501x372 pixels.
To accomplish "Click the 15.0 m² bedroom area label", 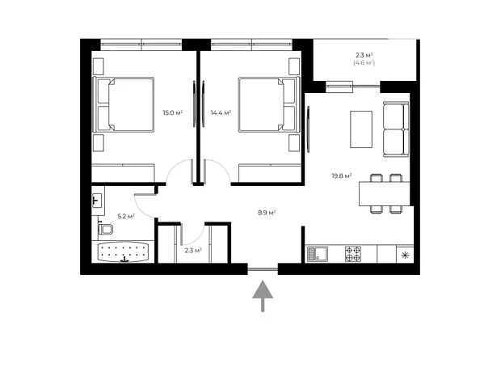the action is pyautogui.click(x=173, y=112).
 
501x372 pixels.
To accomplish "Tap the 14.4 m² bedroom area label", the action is pyautogui.click(x=221, y=112).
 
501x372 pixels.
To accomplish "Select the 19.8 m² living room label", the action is pyautogui.click(x=342, y=175).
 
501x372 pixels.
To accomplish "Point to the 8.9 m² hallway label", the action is pyautogui.click(x=267, y=213).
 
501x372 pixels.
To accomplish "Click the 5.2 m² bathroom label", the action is pyautogui.click(x=126, y=216).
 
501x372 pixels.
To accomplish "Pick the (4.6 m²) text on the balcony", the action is pyautogui.click(x=364, y=63).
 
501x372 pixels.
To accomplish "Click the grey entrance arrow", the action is pyautogui.click(x=263, y=296).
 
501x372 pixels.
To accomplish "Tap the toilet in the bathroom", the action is pyautogui.click(x=105, y=229).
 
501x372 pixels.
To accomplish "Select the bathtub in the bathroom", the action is pyautogui.click(x=123, y=252).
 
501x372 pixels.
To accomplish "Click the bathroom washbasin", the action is pyautogui.click(x=97, y=201).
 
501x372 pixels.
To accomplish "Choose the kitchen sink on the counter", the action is pyautogui.click(x=318, y=254).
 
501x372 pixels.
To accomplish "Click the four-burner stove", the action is pyautogui.click(x=353, y=254).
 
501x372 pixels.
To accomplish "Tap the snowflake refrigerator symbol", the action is pyautogui.click(x=405, y=256).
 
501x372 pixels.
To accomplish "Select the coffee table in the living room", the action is pyautogui.click(x=361, y=129).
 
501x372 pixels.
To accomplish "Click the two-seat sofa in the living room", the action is pyautogui.click(x=396, y=129).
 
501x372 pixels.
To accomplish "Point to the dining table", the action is pyautogui.click(x=384, y=193).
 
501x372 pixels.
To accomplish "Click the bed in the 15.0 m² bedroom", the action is pyautogui.click(x=124, y=104).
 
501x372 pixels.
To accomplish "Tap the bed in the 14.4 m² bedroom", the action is pyautogui.click(x=269, y=104).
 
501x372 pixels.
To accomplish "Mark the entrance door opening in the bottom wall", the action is pyautogui.click(x=263, y=269).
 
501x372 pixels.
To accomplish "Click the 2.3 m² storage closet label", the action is pyautogui.click(x=193, y=250).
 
